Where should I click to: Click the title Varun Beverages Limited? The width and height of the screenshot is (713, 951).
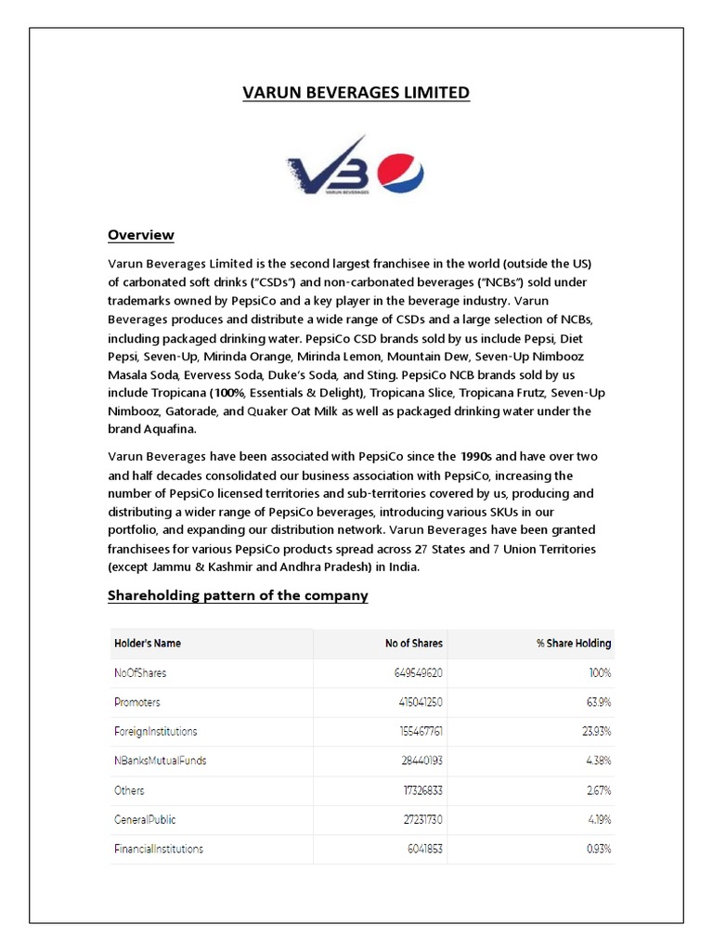click(356, 93)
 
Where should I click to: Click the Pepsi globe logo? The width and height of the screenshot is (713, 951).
click(401, 172)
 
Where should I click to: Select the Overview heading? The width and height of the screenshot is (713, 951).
click(141, 235)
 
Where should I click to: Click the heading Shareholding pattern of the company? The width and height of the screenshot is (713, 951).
click(238, 595)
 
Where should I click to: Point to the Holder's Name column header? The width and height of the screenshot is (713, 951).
click(147, 643)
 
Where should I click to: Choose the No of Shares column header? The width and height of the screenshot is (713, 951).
click(414, 643)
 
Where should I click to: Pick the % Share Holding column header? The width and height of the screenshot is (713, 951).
click(574, 643)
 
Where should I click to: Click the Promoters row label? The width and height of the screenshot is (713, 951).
click(140, 701)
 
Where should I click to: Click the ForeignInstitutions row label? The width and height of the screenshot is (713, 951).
click(155, 731)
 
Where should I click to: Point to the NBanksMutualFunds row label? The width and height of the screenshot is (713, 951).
click(160, 761)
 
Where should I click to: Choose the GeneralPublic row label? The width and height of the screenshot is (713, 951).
click(144, 820)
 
